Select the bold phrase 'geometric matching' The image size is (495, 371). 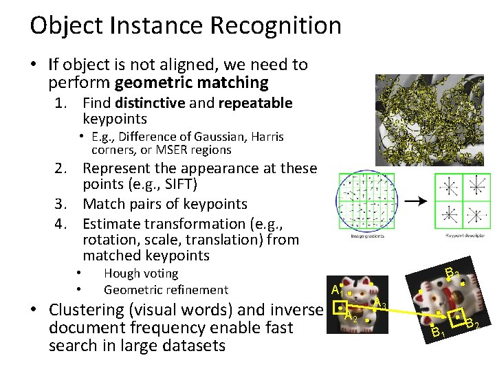tap(192, 83)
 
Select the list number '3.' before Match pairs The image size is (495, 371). tap(65, 204)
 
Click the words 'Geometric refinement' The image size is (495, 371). tap(165, 289)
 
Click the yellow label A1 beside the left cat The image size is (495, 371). tap(337, 289)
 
